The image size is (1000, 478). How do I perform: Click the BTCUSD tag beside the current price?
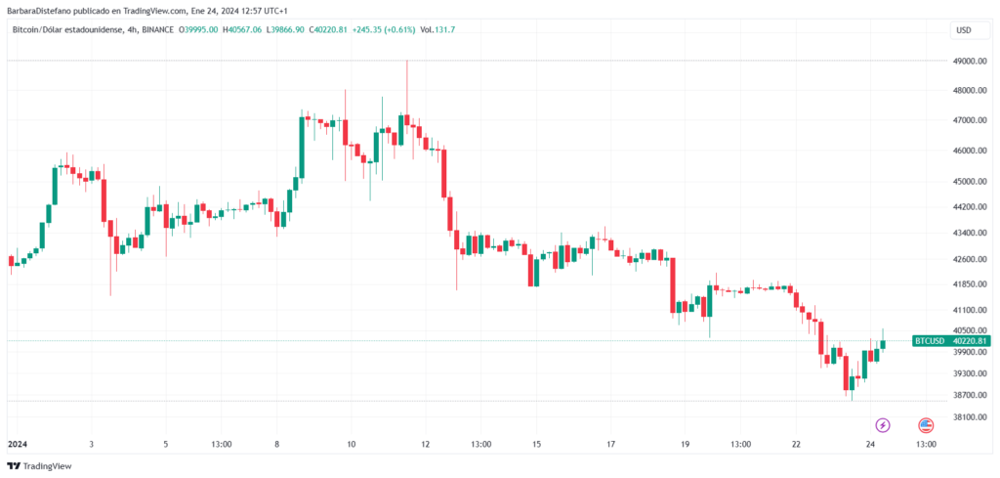point(928,341)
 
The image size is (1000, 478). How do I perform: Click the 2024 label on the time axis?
point(18,444)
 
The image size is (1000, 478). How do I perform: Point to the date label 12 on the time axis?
point(426,444)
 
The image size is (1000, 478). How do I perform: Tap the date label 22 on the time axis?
point(796,444)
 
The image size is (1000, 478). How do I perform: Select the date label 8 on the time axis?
point(277,444)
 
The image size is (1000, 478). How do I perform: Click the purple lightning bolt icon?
point(883,425)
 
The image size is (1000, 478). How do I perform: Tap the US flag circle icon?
point(925,425)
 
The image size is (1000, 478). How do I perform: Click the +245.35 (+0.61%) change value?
point(384,30)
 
